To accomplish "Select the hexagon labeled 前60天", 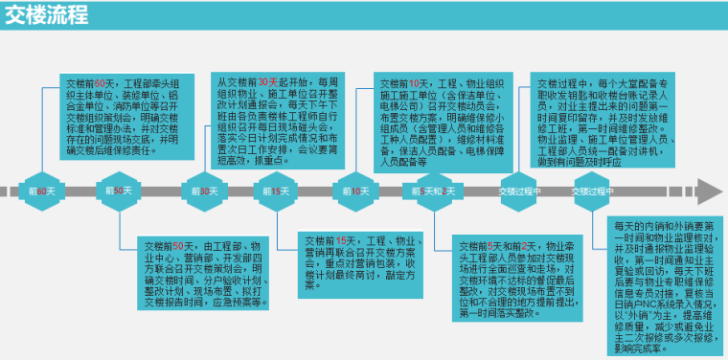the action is [41, 191].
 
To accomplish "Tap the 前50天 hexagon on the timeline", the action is [120, 191].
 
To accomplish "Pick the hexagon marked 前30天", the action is [199, 191].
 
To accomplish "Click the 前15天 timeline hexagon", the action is [276, 191].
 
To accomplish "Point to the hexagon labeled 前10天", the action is [354, 191].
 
